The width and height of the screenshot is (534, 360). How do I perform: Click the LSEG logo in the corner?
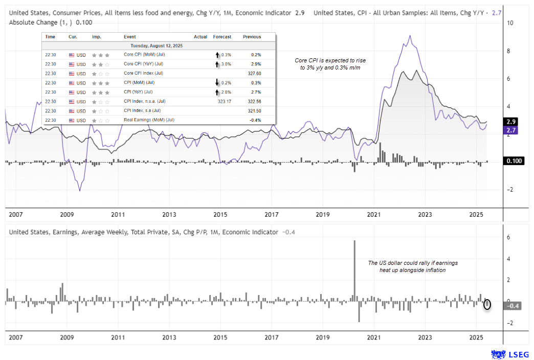click(x=507, y=354)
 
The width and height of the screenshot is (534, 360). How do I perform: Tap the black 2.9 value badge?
click(x=510, y=122)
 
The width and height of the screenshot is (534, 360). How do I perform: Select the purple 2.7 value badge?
click(x=510, y=130)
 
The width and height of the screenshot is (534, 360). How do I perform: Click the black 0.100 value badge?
click(x=513, y=161)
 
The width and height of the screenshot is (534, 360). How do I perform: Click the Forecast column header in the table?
click(x=222, y=37)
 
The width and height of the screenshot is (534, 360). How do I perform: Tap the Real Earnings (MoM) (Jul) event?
click(x=149, y=120)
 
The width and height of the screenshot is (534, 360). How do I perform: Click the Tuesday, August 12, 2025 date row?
click(x=159, y=46)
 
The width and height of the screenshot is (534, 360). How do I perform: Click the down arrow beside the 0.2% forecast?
click(x=217, y=83)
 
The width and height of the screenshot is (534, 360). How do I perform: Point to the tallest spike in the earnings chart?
click(x=354, y=241)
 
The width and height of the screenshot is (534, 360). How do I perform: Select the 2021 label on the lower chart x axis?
click(x=374, y=337)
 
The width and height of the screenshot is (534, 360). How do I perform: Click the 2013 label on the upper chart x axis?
click(x=169, y=215)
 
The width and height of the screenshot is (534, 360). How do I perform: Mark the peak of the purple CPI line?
click(x=409, y=36)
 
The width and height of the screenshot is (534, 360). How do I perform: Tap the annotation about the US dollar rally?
click(x=413, y=266)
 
